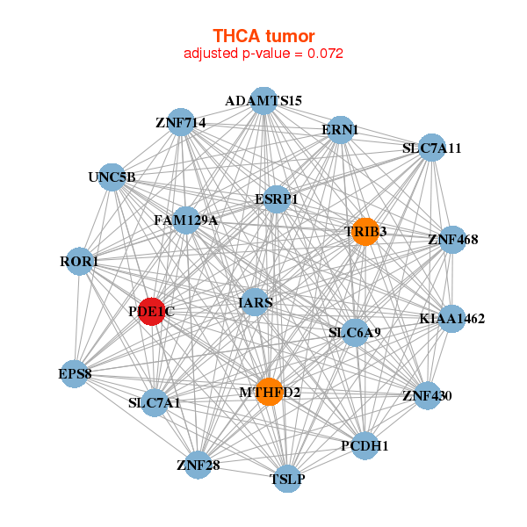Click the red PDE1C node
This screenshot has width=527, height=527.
tap(152, 312)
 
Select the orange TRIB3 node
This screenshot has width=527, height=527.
tap(364, 231)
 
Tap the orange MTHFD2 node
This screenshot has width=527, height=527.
tap(269, 391)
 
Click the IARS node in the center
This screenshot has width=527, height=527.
tap(255, 302)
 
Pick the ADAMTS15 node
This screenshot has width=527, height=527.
tap(263, 100)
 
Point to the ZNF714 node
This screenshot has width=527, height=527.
tap(181, 123)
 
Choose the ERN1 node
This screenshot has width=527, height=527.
tap(340, 130)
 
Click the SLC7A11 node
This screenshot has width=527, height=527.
tap(431, 148)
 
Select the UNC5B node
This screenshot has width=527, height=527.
tap(112, 177)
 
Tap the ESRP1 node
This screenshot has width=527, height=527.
tap(277, 199)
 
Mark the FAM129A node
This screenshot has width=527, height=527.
tap(185, 220)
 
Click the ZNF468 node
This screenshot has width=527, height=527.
tap(451, 239)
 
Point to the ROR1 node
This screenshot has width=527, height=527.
tap(80, 262)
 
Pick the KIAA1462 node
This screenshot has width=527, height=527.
tap(451, 318)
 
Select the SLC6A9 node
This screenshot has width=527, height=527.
tap(355, 333)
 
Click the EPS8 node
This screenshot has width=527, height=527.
tap(76, 374)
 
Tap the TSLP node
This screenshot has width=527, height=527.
tap(287, 479)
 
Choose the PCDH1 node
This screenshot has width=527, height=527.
tap(365, 446)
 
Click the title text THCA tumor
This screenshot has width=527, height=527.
tap(263, 35)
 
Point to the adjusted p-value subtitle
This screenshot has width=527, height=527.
tap(263, 53)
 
